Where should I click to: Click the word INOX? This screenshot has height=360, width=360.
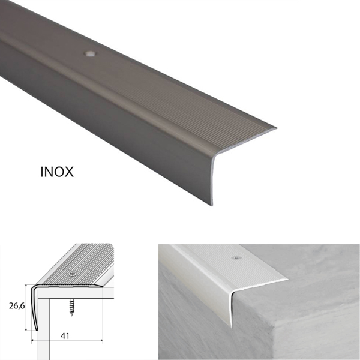tap(57, 172)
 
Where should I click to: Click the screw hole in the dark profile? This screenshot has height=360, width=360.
tap(90, 54)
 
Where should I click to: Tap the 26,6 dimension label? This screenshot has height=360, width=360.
tap(17, 306)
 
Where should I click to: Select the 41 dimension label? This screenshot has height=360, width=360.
tap(65, 336)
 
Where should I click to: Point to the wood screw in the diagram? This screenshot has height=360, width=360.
tap(72, 307)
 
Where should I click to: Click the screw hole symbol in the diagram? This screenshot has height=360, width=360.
tap(73, 275)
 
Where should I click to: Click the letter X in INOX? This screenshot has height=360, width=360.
tap(69, 172)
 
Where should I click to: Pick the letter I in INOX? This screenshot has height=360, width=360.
tap(42, 172)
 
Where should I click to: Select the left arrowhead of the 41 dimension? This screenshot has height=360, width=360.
tap(33, 340)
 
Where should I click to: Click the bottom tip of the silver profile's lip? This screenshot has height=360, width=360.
tap(232, 328)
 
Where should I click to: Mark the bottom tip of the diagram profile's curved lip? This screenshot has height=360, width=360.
tap(37, 331)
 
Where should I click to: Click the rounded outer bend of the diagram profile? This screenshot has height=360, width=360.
tap(33, 287)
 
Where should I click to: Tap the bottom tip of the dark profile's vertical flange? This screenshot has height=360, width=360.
tap(212, 205)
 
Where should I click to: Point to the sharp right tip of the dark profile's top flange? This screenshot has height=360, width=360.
tap(276, 128)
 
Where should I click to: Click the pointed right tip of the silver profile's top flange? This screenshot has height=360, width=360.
tap(288, 280)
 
